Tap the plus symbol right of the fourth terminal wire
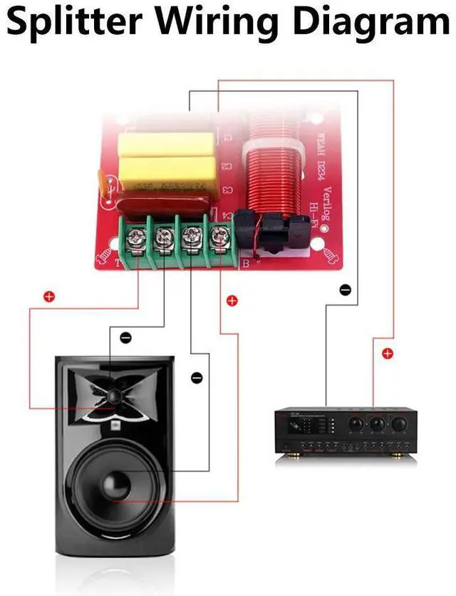point(232,301)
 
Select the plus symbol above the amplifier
point(388,353)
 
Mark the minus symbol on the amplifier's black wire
point(345,290)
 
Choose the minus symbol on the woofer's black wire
point(197,376)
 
